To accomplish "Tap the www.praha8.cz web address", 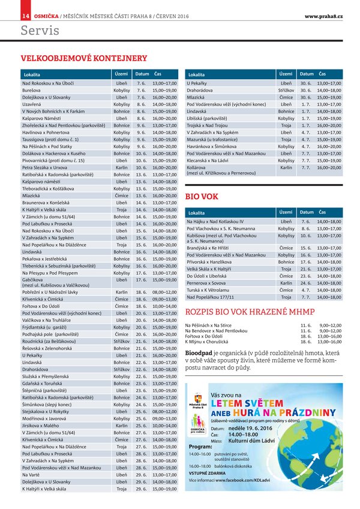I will coord(323,15).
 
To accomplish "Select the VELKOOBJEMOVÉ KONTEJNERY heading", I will coord(84,58).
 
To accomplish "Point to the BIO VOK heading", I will coord(202,196).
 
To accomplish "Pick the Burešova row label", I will coord(31,89).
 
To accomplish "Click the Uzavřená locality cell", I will coord(32,104).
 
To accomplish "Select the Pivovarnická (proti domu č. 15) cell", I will coord(53,161).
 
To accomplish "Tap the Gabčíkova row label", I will coord(33,279).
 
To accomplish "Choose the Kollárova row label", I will coord(199,168).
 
